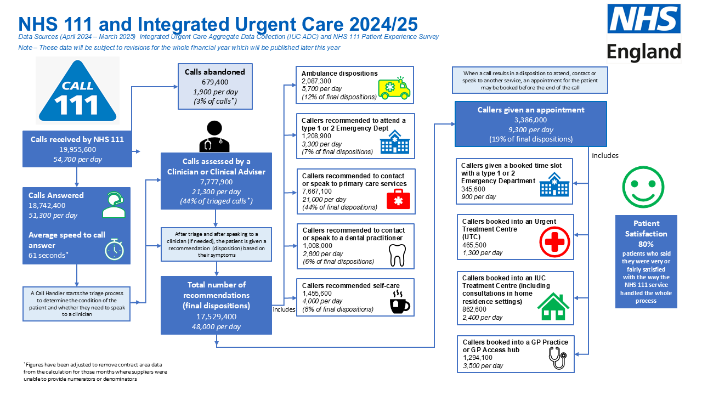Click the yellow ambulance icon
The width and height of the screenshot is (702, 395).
click(x=394, y=88)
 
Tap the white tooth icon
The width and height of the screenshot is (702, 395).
click(x=397, y=255)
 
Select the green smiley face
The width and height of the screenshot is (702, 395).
click(x=643, y=187)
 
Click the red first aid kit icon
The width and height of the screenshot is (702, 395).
click(x=398, y=199)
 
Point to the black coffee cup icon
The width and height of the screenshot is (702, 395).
click(x=400, y=302)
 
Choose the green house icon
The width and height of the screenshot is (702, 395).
click(x=553, y=307)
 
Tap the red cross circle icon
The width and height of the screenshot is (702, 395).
click(x=554, y=242)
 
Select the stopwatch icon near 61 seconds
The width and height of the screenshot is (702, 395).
click(x=114, y=250)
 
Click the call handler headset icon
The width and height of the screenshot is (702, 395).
click(x=114, y=205)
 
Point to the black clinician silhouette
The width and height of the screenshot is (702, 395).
click(x=214, y=137)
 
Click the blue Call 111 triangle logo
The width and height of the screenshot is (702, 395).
click(x=77, y=91)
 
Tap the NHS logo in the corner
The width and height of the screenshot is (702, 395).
click(x=644, y=19)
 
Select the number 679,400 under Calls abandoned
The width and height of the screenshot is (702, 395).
click(x=215, y=82)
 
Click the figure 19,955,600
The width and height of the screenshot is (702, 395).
click(x=77, y=150)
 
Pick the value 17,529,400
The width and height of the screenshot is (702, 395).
click(x=216, y=317)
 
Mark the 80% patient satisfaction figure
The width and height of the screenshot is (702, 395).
click(x=646, y=244)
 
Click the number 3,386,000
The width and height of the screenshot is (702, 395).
click(x=530, y=120)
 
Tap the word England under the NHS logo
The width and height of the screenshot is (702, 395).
click(x=644, y=52)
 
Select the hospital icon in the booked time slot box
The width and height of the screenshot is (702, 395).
click(x=554, y=185)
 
